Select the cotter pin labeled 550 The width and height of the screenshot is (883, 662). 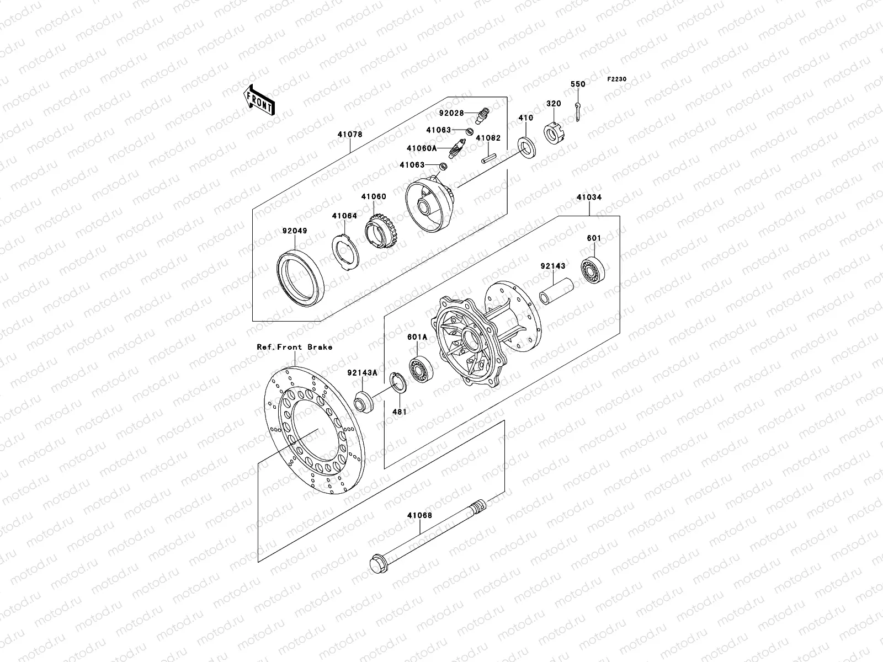point(577,111)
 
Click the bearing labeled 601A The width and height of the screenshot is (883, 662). point(421,369)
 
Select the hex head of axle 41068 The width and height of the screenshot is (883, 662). point(379,563)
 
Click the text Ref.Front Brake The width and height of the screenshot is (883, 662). point(294,347)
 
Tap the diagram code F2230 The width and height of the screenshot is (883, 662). point(617,79)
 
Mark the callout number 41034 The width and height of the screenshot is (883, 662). point(589,197)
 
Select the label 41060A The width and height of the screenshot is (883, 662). point(422,148)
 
